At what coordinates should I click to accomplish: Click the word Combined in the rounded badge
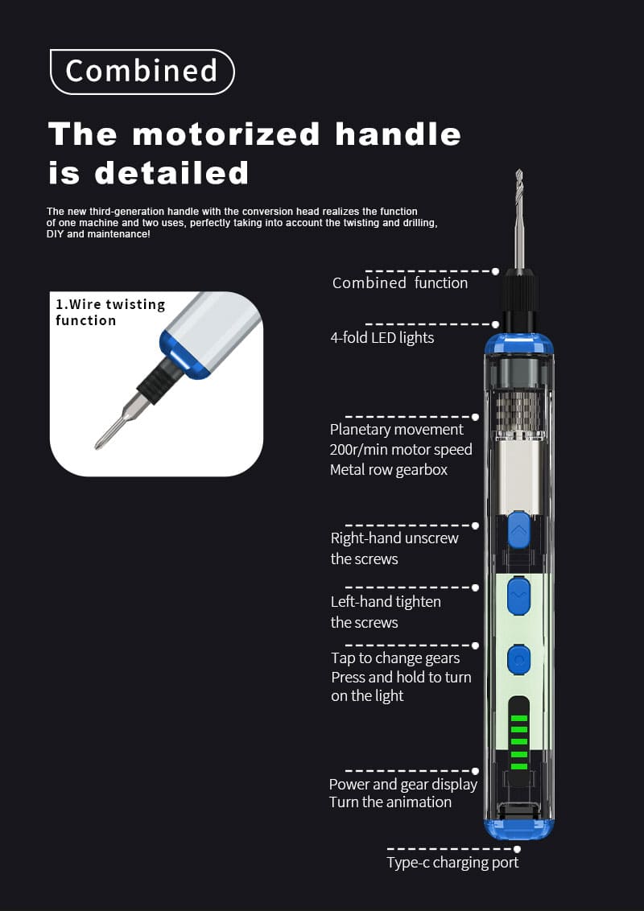tap(141, 71)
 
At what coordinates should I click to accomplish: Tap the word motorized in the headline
tap(225, 134)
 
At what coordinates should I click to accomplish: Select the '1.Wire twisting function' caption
tap(110, 312)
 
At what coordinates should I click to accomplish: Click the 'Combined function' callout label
tap(400, 283)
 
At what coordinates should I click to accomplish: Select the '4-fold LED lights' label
tap(382, 337)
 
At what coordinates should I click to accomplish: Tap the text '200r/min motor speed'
tap(401, 450)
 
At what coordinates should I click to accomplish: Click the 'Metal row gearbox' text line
tap(389, 470)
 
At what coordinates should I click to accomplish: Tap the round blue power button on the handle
tap(518, 660)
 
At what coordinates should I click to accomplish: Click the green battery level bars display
tap(518, 742)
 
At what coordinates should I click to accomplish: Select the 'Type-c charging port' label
tap(452, 863)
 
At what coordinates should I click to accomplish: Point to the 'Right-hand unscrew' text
tap(394, 538)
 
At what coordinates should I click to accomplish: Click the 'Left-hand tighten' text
tap(386, 602)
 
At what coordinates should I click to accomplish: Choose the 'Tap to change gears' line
tap(395, 658)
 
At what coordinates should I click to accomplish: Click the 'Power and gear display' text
tap(402, 785)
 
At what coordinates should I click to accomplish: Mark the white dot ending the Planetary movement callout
tap(476, 417)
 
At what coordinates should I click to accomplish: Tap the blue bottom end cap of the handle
tap(519, 829)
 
